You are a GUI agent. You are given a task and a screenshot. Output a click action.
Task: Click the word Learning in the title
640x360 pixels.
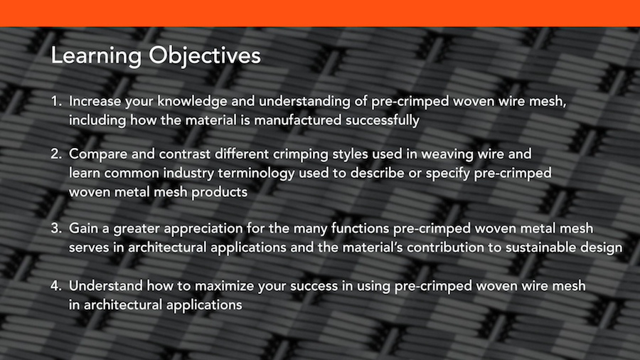click(x=96, y=56)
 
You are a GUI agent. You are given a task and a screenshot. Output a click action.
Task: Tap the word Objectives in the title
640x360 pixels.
click(x=205, y=56)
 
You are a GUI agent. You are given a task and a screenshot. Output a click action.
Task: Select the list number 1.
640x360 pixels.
click(x=56, y=101)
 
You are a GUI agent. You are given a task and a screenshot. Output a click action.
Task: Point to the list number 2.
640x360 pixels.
click(x=56, y=154)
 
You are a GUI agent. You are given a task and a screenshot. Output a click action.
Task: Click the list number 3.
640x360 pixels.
click(x=56, y=228)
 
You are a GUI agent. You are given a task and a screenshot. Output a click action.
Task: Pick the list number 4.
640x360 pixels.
click(x=56, y=286)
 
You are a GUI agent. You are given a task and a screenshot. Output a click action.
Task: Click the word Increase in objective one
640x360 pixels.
click(x=95, y=101)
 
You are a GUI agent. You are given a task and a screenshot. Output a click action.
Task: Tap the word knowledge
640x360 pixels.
click(x=192, y=101)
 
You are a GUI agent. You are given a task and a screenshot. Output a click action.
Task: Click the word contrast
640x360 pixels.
click(x=185, y=154)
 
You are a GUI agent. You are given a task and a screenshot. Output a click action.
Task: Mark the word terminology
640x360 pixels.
click(x=256, y=174)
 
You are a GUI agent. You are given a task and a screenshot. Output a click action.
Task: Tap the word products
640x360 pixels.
click(x=219, y=192)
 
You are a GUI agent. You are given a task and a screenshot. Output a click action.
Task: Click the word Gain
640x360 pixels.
click(x=84, y=228)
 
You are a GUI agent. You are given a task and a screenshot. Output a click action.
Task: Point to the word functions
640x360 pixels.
click(x=361, y=228)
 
